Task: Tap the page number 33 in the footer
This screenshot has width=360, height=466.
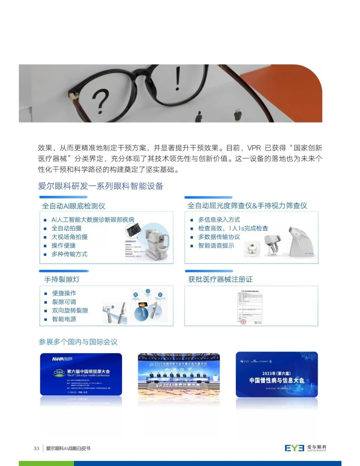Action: click(x=36, y=448)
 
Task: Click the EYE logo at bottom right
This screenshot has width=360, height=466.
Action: click(x=294, y=448)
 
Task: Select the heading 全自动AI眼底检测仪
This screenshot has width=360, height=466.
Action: click(x=74, y=206)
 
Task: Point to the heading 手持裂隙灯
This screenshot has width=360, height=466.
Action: click(x=62, y=280)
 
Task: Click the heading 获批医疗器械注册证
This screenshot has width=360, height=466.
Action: click(x=220, y=280)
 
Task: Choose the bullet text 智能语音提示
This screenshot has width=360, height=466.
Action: click(x=216, y=246)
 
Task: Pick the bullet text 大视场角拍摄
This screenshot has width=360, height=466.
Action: click(x=69, y=237)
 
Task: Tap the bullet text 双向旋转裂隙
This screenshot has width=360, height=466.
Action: click(x=70, y=311)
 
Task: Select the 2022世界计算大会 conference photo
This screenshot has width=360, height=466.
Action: click(x=179, y=374)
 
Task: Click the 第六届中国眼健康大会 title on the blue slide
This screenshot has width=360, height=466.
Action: click(x=88, y=371)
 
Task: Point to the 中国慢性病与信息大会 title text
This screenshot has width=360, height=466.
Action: click(x=277, y=380)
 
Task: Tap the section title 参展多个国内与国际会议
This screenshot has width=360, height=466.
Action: click(x=78, y=342)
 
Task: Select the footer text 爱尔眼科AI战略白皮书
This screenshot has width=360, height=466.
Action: click(x=68, y=448)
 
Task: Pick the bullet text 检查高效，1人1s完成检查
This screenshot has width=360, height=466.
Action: click(x=233, y=228)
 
